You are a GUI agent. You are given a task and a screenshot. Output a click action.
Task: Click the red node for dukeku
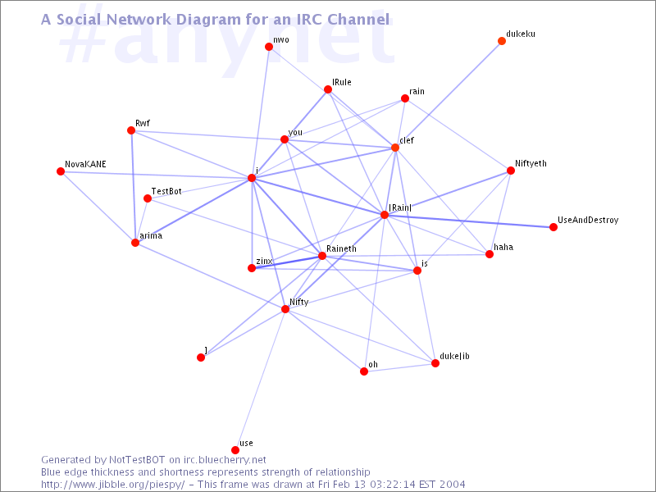pos(502,41)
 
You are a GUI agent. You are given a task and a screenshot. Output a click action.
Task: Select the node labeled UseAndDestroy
pos(553,227)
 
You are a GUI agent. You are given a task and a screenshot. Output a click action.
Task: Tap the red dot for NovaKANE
pos(61,171)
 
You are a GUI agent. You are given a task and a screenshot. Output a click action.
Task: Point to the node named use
pos(235,450)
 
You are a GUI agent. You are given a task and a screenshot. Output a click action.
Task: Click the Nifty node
pos(285,309)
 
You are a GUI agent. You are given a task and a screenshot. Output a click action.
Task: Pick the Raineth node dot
pos(322,256)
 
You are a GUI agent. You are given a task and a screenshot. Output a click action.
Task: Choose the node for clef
pos(395,148)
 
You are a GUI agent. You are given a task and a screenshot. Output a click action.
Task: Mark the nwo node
pos(269,47)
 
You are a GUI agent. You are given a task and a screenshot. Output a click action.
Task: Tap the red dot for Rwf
pos(131,130)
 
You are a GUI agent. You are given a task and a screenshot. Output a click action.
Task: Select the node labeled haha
pos(490,254)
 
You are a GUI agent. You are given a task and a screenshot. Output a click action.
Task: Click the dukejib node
pos(435,363)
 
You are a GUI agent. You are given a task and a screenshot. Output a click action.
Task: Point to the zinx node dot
pos(252,268)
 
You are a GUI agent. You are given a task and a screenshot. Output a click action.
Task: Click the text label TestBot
pos(166,191)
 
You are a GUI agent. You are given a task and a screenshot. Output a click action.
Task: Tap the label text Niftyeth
pos(531,164)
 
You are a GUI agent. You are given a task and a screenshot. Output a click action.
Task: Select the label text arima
pos(151,236)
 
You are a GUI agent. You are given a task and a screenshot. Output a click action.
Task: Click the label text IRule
pos(342,84)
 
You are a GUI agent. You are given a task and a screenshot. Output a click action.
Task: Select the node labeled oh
pos(364,371)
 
